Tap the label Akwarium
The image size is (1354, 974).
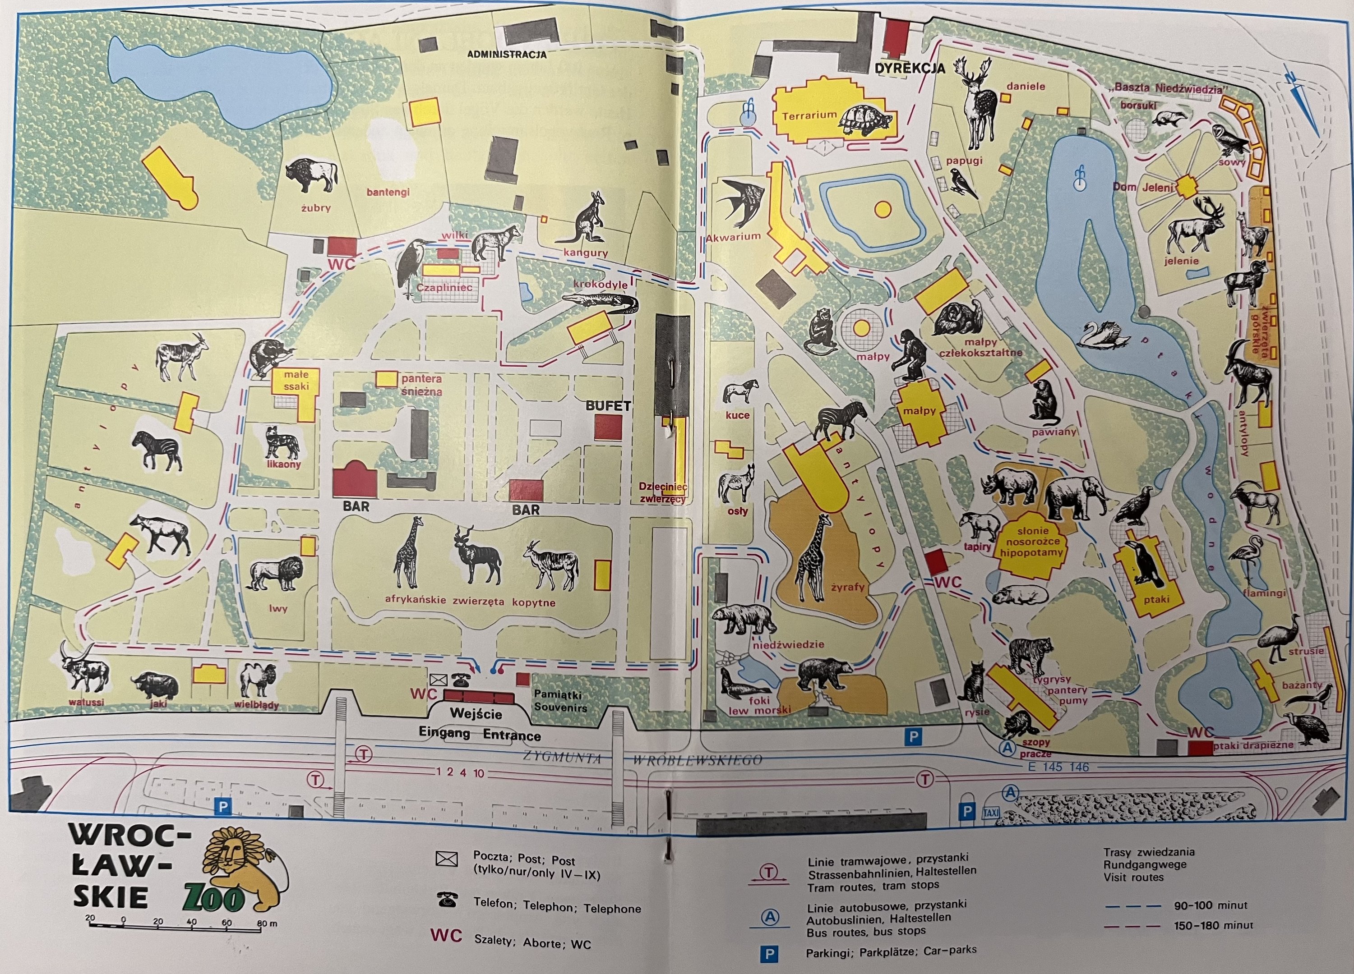[733, 236]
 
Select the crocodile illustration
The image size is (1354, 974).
[600, 302]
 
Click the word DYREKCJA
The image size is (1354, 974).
[910, 69]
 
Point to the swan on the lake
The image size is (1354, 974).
[1104, 334]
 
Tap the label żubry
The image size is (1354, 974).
[315, 208]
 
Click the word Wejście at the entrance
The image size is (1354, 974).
[476, 713]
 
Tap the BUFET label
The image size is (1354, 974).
[608, 406]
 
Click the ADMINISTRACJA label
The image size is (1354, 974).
[506, 54]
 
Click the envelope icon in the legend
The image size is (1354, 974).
[447, 859]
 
